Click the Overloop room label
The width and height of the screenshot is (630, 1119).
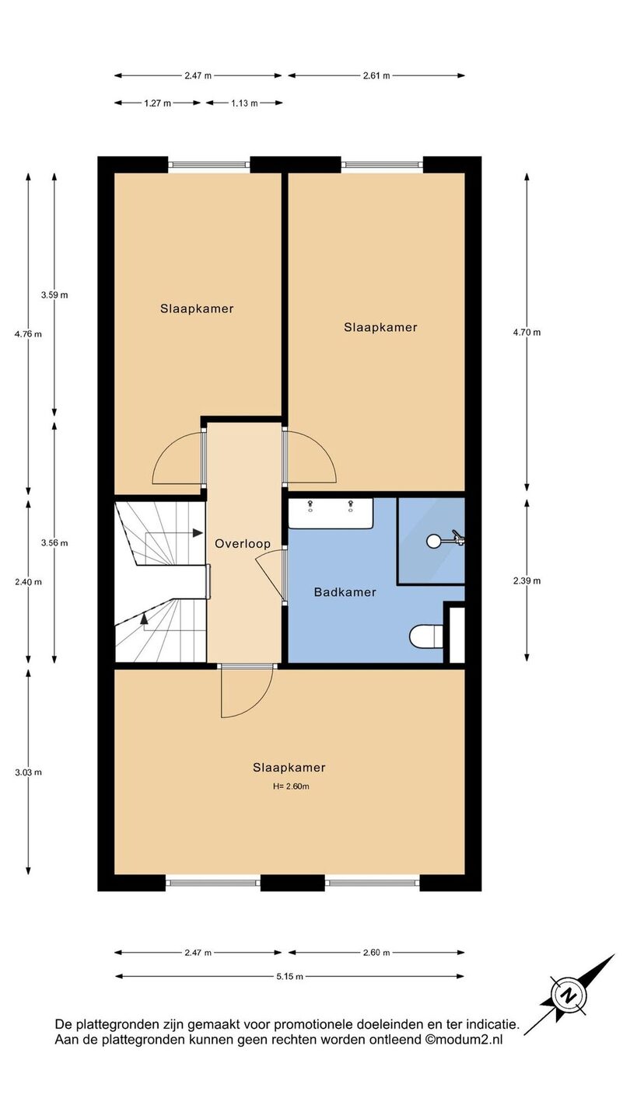point(243,544)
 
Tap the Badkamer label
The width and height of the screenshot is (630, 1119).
point(345,592)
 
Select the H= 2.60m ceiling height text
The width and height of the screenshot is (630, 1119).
point(291,786)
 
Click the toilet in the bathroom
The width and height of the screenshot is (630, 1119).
point(426,636)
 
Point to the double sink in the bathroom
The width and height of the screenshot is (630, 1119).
point(331,513)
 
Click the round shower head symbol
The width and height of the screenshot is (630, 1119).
point(433,541)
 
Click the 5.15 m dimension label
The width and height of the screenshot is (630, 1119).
point(289,977)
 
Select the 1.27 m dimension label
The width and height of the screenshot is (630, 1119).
point(157,103)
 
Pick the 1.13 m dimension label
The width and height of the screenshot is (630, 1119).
point(244,103)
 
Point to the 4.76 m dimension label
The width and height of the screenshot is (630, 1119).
point(28,334)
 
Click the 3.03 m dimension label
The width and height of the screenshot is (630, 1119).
point(28,772)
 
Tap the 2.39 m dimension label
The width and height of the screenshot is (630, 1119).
point(527,581)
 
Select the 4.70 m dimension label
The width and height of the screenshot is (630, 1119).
point(527,333)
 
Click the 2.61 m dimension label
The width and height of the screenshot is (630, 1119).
point(376,76)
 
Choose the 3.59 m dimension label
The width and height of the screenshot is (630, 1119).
point(54,295)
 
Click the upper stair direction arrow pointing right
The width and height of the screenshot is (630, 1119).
point(174,533)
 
